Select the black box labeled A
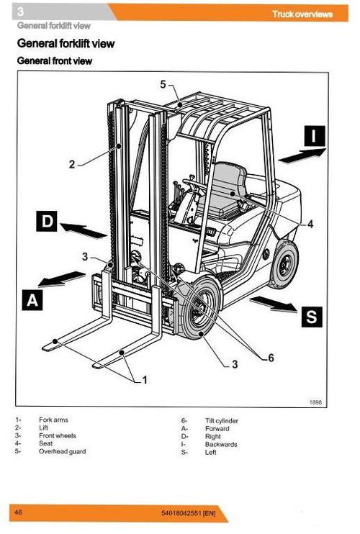pyautogui.click(x=31, y=299)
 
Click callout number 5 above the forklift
pyautogui.click(x=163, y=84)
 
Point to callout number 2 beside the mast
pyautogui.click(x=72, y=164)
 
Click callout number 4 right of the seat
pyautogui.click(x=310, y=224)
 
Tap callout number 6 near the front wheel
pyautogui.click(x=271, y=358)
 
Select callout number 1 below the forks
pyautogui.click(x=144, y=380)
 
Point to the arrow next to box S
pyautogui.click(x=273, y=304)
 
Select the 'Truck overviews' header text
pyautogui.click(x=302, y=14)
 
